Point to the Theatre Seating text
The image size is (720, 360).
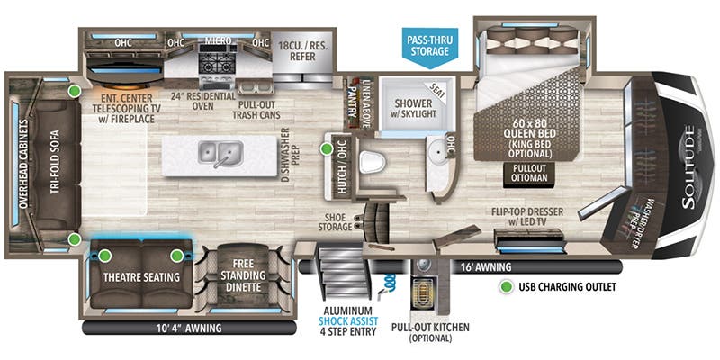[x=139, y=276]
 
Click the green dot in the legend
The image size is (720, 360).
[x=509, y=289]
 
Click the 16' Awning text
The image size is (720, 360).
[x=486, y=267]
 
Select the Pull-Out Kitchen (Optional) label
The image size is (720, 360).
[x=421, y=332]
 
